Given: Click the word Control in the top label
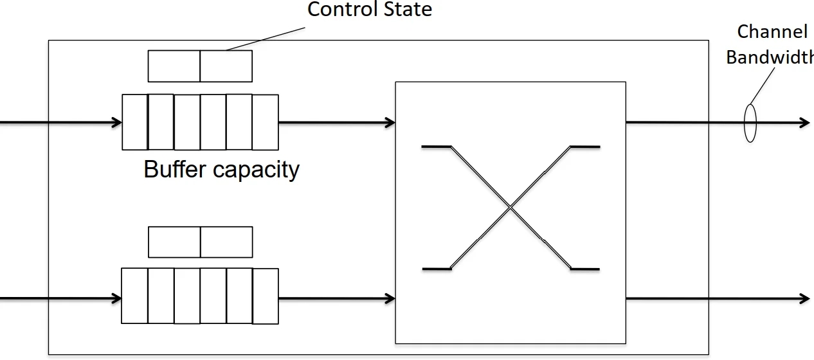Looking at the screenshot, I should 338,10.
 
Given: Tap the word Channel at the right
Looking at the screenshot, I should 772,32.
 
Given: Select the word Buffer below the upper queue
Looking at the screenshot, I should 175,169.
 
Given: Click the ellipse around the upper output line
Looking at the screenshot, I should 750,123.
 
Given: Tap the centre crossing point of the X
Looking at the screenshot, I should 511,207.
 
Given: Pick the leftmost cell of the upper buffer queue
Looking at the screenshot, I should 135,122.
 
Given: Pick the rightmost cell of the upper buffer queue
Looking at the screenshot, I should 266,122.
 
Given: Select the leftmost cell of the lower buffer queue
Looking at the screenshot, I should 135,296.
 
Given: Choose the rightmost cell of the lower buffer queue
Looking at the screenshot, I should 266,296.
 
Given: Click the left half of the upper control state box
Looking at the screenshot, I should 174,66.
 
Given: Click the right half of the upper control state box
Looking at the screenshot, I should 226,66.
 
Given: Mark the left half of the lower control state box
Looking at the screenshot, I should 174,242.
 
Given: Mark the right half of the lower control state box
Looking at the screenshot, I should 226,242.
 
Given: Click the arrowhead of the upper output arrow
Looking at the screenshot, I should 804,122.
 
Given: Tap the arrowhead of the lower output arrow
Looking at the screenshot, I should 804,298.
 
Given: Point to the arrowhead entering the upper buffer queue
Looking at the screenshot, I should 117,122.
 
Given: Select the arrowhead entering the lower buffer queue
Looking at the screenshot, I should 117,298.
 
